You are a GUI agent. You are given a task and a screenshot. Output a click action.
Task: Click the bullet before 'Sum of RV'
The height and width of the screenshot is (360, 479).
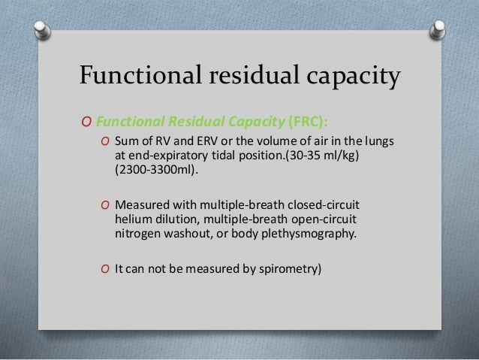(x=106, y=143)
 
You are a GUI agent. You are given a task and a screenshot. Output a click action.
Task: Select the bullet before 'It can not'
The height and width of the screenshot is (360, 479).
(x=106, y=267)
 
